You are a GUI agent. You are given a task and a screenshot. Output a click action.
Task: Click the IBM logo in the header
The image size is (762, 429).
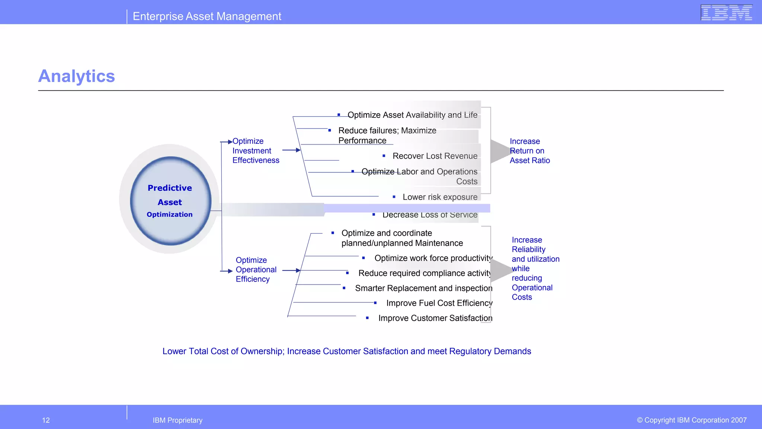coord(726,12)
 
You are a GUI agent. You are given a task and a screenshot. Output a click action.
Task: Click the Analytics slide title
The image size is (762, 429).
coord(77,76)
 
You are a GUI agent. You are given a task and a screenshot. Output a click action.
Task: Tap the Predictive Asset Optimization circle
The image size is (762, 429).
coord(170,201)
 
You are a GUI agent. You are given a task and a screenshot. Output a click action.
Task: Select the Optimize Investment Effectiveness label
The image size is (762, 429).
coord(256,151)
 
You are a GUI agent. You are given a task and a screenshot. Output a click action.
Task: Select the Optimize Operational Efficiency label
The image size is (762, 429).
coord(256,270)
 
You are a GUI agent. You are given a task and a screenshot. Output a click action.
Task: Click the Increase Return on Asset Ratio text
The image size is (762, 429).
coord(529,151)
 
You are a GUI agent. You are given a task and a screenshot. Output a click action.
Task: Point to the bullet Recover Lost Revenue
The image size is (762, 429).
coord(435,156)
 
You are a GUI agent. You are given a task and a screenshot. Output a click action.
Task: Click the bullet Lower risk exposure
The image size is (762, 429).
coord(440,197)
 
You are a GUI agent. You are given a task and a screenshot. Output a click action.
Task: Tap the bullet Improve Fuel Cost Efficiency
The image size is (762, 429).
coord(439,303)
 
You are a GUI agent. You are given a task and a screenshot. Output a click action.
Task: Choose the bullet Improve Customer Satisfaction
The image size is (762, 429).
coord(435,318)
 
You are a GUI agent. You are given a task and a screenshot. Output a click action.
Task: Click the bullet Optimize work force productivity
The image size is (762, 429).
coord(433,258)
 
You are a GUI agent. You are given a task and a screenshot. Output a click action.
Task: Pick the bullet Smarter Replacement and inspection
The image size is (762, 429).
coord(423,288)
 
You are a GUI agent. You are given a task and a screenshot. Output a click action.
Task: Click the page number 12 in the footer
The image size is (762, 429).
coord(46,420)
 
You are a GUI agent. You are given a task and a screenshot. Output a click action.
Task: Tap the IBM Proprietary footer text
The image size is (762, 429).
coord(177,420)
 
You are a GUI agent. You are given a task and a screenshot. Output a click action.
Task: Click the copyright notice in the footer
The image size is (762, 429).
coord(691,420)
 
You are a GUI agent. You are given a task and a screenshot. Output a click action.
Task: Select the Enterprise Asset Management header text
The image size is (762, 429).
coord(207,16)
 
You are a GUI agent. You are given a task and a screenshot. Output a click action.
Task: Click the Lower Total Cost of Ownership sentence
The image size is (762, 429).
coord(346,351)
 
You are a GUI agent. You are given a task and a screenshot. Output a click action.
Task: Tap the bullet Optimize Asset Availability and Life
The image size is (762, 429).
coord(412,115)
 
